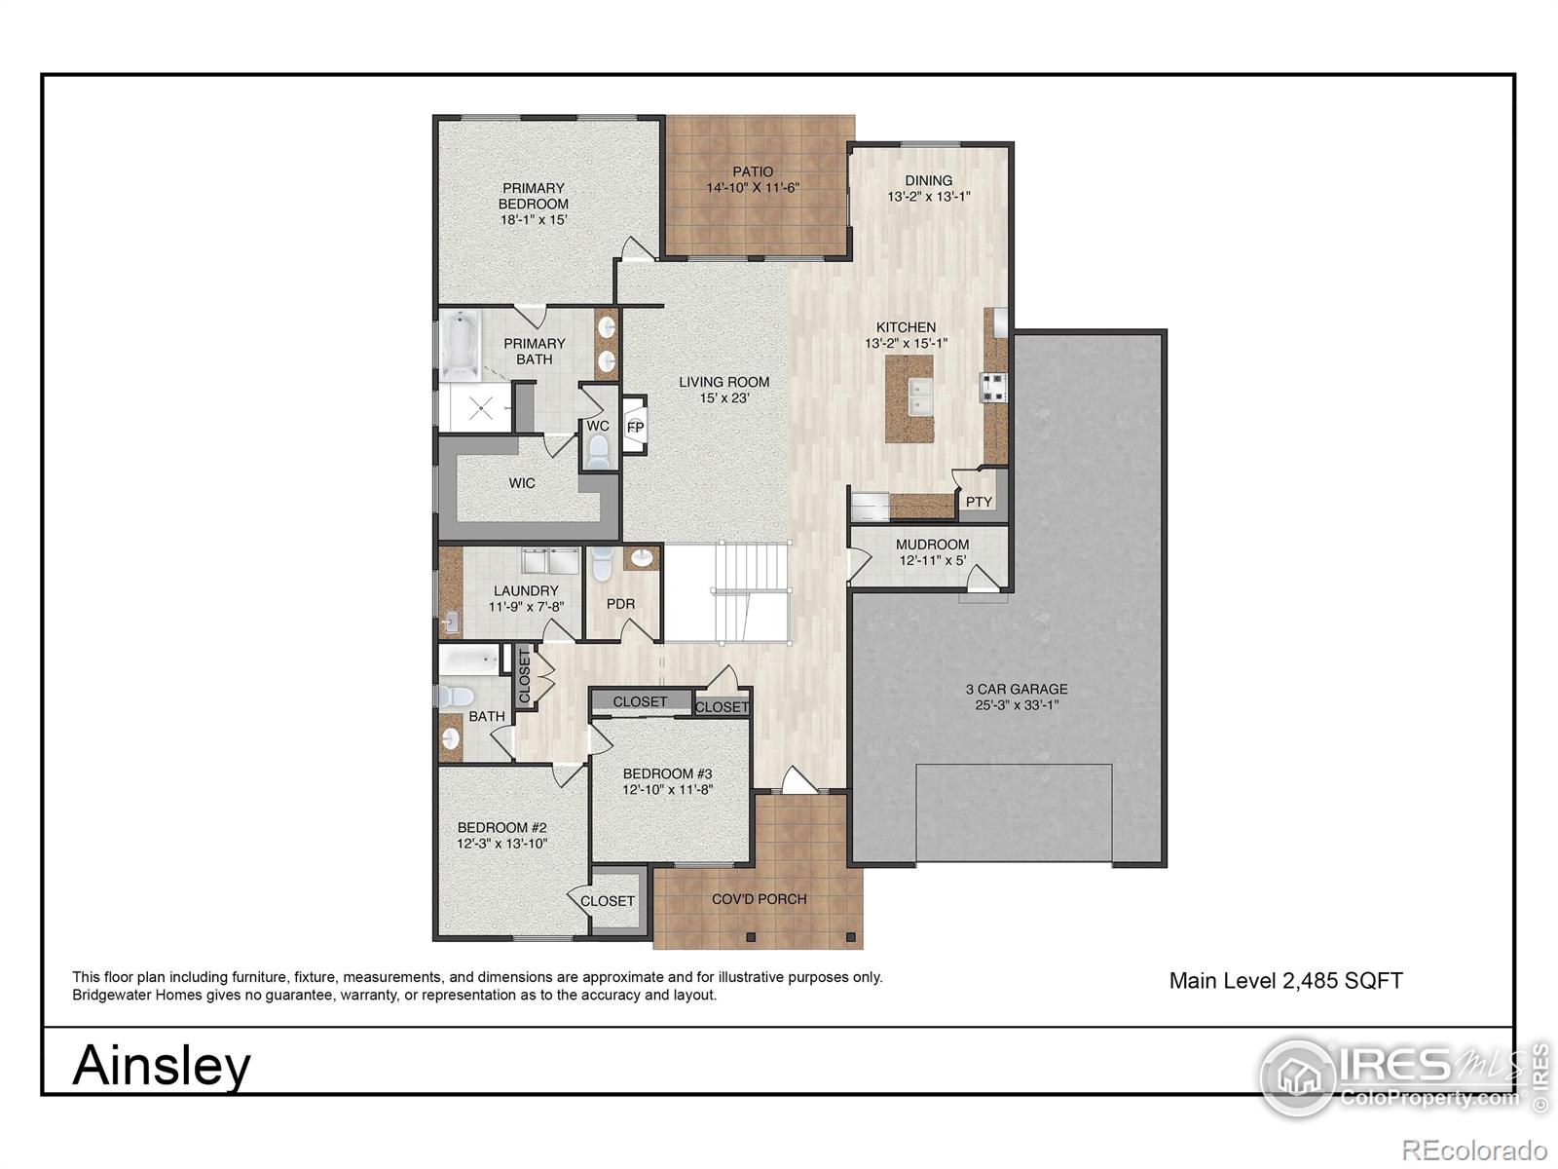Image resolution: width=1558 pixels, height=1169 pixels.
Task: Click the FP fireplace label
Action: click(635, 428)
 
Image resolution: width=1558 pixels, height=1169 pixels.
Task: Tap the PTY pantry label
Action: click(979, 503)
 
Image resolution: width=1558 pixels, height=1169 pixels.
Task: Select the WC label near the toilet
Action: click(598, 426)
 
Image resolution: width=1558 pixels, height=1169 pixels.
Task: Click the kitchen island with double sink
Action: click(909, 398)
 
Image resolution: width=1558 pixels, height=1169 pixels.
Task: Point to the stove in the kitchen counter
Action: click(994, 387)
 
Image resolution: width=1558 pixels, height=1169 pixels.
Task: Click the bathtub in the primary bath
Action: click(459, 346)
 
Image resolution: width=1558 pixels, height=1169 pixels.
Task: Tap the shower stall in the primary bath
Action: click(474, 407)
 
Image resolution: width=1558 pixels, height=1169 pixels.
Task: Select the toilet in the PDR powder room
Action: click(601, 562)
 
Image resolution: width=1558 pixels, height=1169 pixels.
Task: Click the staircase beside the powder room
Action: click(751, 592)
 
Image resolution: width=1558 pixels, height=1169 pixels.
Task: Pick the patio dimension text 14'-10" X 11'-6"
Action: click(753, 187)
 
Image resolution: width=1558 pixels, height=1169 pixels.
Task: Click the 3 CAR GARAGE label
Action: click(1017, 689)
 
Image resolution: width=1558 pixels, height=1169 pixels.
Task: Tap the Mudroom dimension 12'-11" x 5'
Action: click(932, 560)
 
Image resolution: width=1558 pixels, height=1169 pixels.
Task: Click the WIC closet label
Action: click(522, 483)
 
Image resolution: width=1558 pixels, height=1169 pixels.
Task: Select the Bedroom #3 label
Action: click(667, 773)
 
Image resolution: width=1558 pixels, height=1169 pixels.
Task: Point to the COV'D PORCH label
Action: click(759, 899)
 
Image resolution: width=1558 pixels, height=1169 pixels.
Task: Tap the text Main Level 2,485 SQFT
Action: click(1285, 981)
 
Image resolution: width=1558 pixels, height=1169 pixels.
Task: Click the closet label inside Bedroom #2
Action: click(608, 901)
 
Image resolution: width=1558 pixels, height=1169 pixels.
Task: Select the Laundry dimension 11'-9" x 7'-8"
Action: click(526, 606)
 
